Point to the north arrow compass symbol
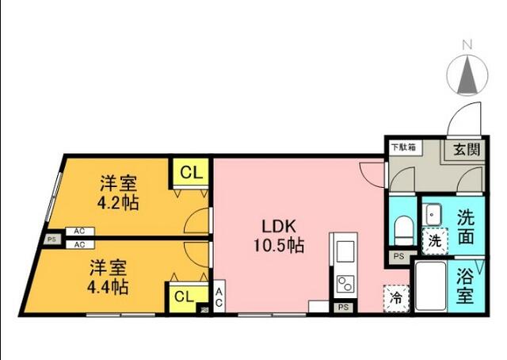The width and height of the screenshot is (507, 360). tap(467, 75)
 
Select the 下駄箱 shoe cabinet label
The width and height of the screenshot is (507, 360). tap(404, 147)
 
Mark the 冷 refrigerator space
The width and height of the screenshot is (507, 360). tap(395, 298)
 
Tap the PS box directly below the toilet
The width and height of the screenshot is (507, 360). tap(398, 256)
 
